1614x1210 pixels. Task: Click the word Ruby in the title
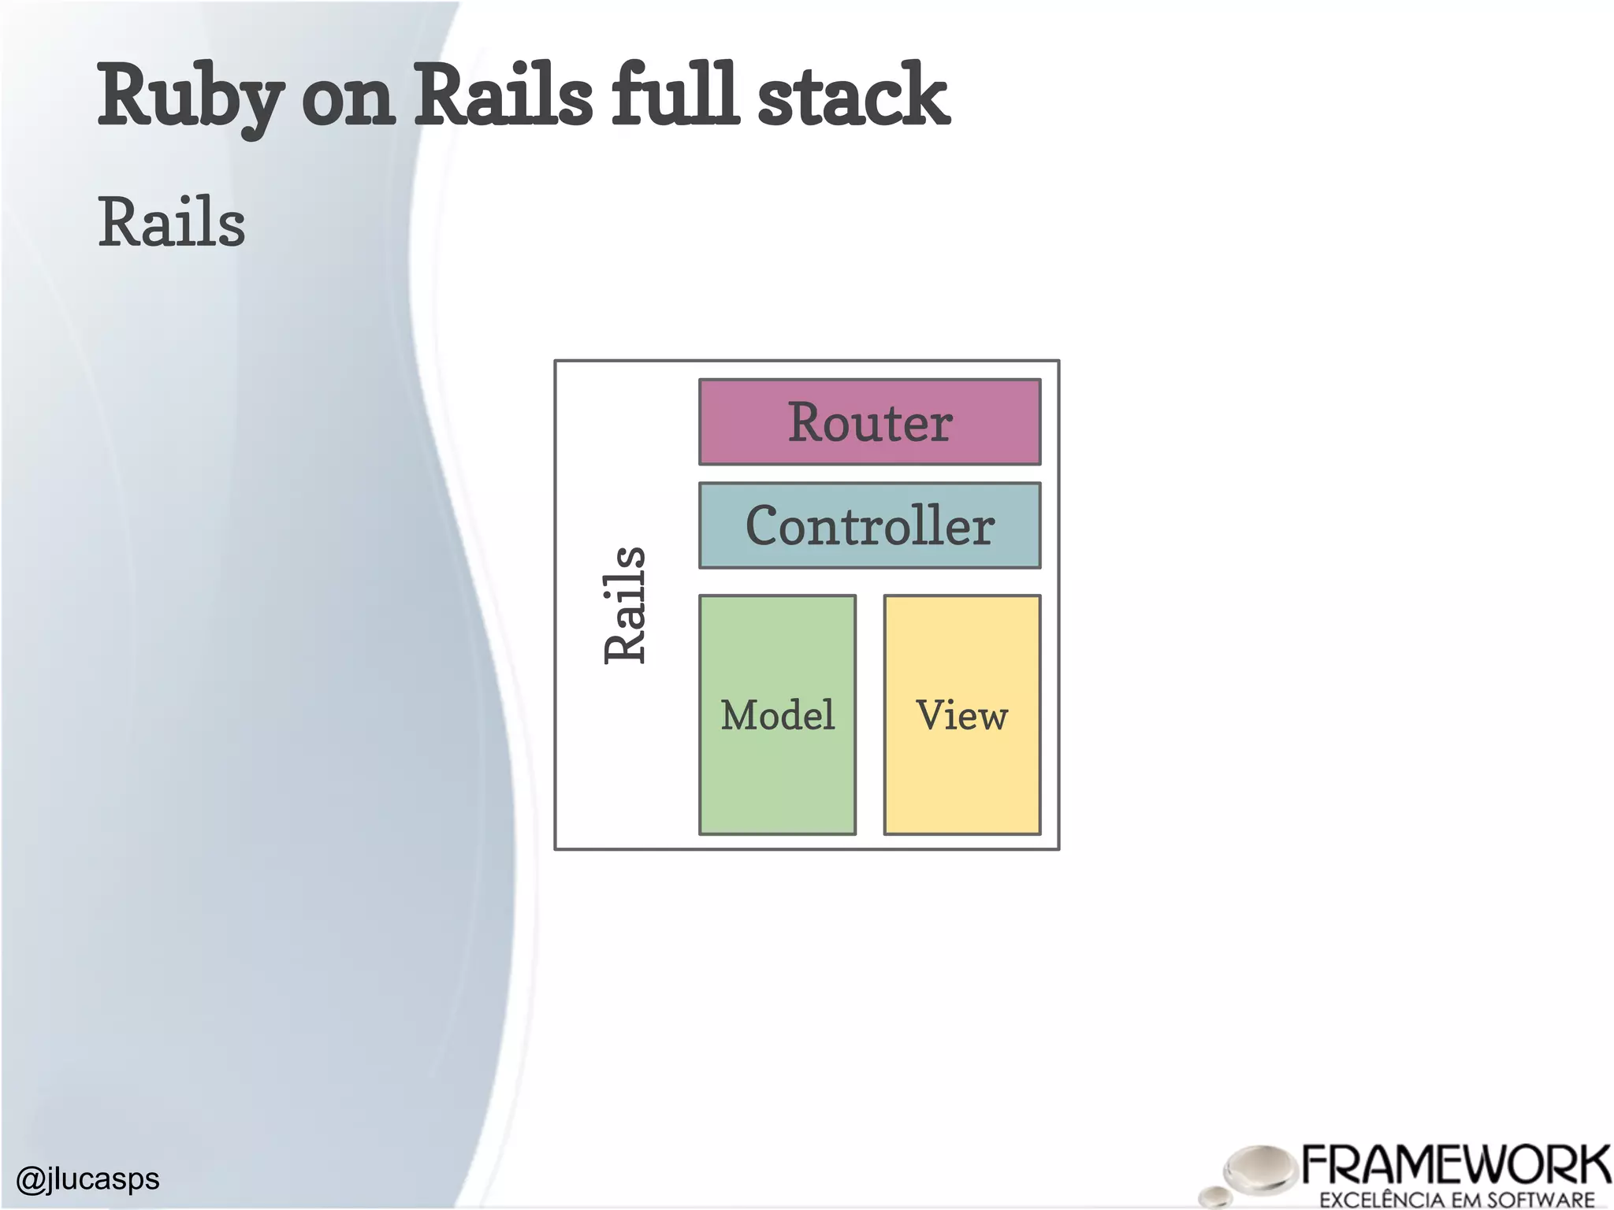click(x=189, y=96)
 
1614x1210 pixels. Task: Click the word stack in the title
click(x=853, y=96)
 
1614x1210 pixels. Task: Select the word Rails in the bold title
click(x=503, y=96)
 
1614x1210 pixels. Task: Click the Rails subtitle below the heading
click(x=172, y=223)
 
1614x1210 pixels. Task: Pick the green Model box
click(x=777, y=780)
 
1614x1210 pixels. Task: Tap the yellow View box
click(x=961, y=780)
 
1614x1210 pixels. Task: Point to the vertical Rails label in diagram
click(x=625, y=605)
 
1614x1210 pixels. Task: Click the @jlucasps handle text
click(x=87, y=1178)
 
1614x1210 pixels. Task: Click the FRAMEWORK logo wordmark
click(x=1455, y=1164)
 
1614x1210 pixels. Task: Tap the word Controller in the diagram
click(x=870, y=526)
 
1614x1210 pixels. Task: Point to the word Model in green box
click(x=777, y=715)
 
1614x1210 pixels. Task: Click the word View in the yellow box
click(x=961, y=715)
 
